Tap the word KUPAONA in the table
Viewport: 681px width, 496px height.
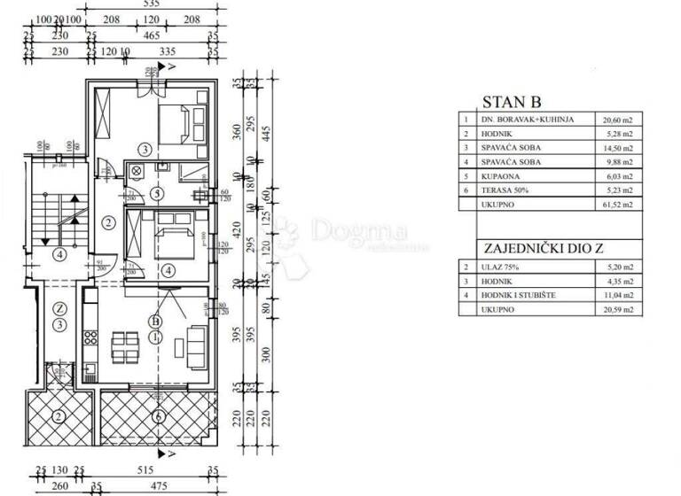(497, 175)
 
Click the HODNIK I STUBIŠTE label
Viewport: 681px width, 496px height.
(519, 294)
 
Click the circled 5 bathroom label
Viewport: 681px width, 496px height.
(156, 193)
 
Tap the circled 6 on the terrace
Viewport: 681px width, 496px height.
(157, 416)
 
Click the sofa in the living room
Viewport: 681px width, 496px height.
(197, 342)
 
